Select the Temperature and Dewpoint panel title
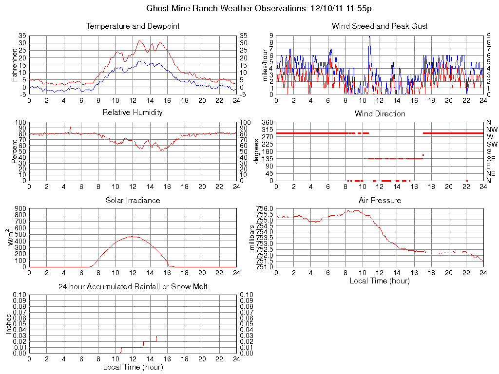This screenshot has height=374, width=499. [x=133, y=26]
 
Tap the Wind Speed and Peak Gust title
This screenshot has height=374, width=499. [x=380, y=26]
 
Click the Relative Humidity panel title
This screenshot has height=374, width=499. [x=133, y=112]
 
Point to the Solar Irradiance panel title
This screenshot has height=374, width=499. [x=133, y=200]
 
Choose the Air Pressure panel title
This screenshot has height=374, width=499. [x=380, y=200]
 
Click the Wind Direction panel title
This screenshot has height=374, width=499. [x=380, y=113]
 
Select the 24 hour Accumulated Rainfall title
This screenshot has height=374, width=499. [x=133, y=287]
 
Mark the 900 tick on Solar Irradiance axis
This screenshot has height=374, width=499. [x=20, y=208]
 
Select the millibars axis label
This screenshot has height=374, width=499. [x=252, y=238]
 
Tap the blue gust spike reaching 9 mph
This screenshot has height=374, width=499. [x=369, y=37]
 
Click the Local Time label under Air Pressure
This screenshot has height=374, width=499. [x=380, y=280]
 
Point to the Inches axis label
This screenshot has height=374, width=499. [x=8, y=324]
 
